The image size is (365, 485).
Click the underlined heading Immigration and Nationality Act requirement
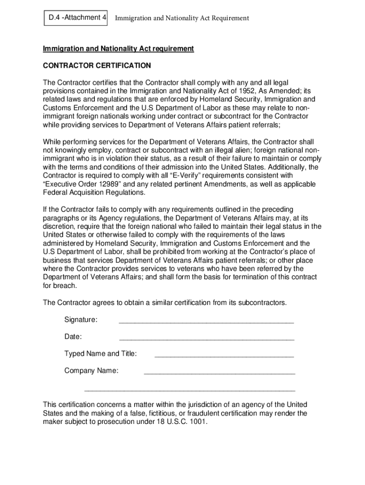pyautogui.click(x=119, y=49)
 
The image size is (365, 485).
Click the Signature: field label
pyautogui.click(x=81, y=320)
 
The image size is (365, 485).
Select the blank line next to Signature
pyautogui.click(x=206, y=322)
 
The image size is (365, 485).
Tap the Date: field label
pyautogui.click(x=73, y=337)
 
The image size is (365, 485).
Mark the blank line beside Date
pyautogui.click(x=207, y=339)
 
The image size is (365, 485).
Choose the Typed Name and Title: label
pyautogui.click(x=100, y=354)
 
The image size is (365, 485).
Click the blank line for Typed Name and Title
pyautogui.click(x=224, y=356)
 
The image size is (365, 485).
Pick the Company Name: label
pyautogui.click(x=91, y=371)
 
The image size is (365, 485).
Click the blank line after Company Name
pyautogui.click(x=219, y=373)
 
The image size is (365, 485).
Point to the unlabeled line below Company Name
pyautogui.click(x=190, y=390)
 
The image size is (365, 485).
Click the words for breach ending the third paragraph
pyautogui.click(x=60, y=286)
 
